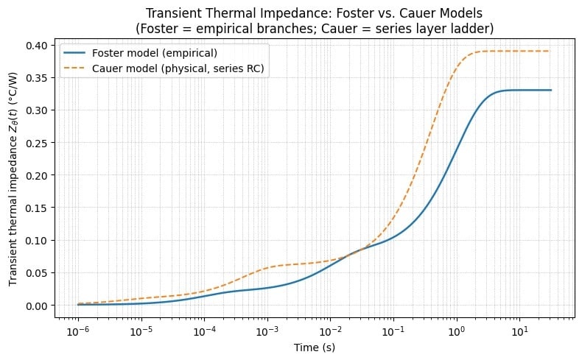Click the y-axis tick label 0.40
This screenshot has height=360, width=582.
[x=38, y=46]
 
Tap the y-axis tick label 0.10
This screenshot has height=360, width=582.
[x=38, y=240]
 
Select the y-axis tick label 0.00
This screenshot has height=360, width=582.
[x=38, y=305]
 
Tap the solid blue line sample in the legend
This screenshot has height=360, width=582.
[x=77, y=53]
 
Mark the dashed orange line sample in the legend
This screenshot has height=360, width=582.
[x=77, y=68]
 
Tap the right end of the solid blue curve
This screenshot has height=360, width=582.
[x=551, y=90]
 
